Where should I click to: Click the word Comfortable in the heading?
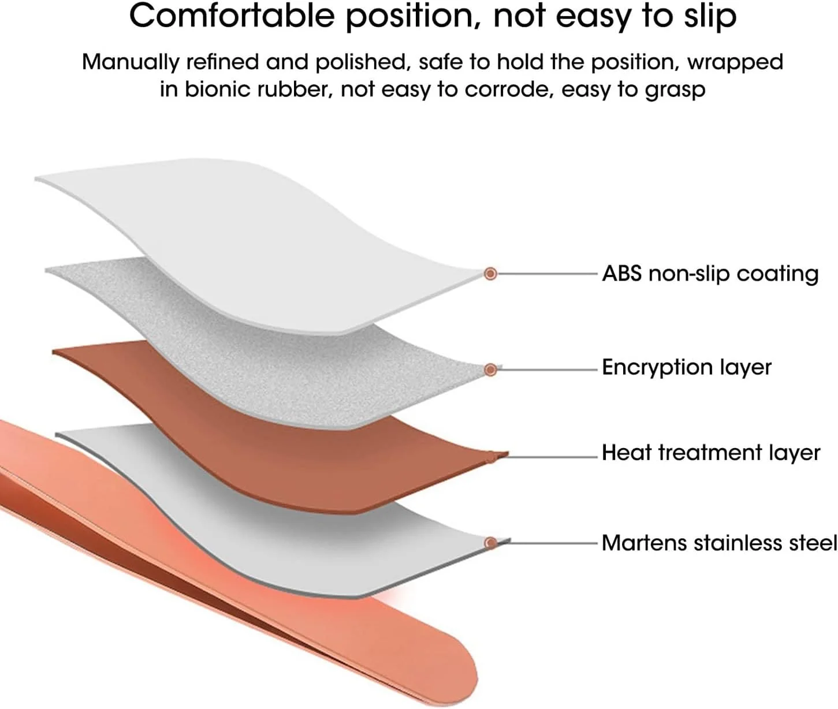tap(232, 16)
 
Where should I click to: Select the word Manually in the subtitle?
tap(130, 62)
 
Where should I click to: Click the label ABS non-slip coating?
tap(710, 274)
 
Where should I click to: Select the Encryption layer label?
tap(686, 368)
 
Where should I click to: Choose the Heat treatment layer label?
tap(710, 453)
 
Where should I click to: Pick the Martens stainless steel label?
tap(718, 543)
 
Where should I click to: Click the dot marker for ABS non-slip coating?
tap(490, 274)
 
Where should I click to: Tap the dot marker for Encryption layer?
tap(490, 369)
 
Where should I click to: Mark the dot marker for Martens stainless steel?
tap(490, 543)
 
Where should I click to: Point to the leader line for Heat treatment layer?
tap(552, 457)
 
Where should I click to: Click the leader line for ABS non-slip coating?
tap(546, 274)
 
